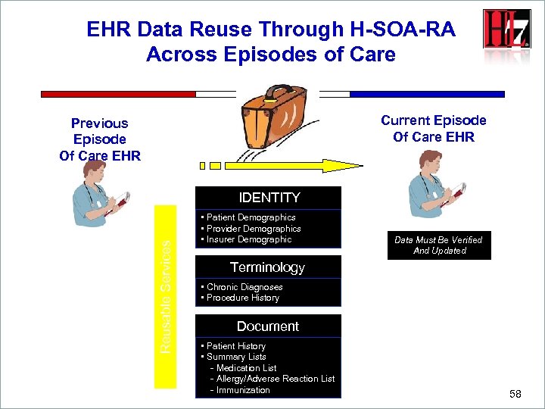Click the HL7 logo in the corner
coord(506,30)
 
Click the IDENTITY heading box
coord(269,198)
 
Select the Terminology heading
coord(267,267)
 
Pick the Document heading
coord(268,326)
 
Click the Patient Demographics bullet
coord(251,217)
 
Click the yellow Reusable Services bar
coord(165,296)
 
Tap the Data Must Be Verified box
coord(438,245)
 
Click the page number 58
coord(515,394)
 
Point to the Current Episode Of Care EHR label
coord(434,129)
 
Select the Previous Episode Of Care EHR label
coord(99,139)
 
